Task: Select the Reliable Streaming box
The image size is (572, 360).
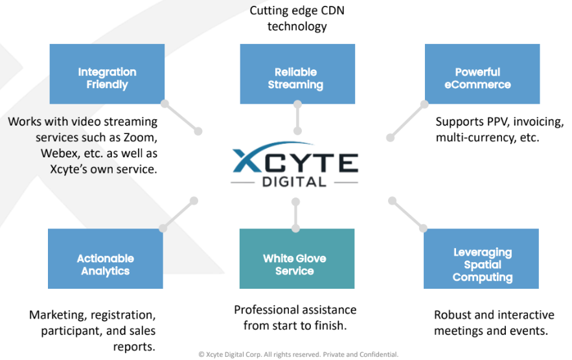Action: [297, 73]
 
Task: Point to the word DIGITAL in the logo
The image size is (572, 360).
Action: [294, 182]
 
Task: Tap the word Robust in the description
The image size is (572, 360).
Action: [453, 315]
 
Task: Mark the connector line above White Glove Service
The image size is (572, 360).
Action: [295, 214]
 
